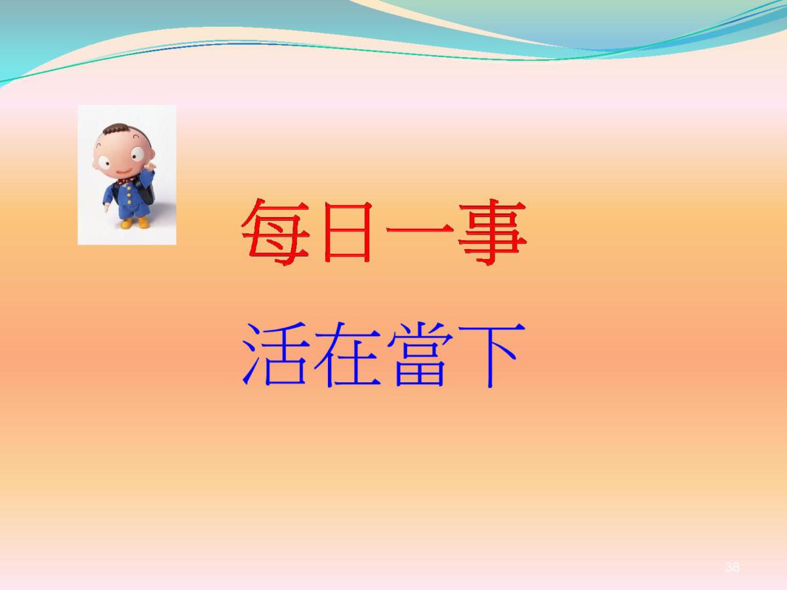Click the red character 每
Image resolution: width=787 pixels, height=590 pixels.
tap(275, 232)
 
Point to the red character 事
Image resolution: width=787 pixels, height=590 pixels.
tap(492, 232)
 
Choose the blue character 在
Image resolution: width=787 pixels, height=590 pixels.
tap(347, 354)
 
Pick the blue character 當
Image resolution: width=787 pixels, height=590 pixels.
tap(420, 354)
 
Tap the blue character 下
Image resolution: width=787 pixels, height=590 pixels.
tap(492, 355)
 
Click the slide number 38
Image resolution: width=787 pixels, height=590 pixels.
tap(732, 566)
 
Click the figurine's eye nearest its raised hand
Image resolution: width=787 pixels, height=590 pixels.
tap(137, 155)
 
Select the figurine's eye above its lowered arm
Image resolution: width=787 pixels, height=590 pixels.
tap(104, 163)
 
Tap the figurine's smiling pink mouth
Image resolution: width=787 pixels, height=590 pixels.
tap(124, 172)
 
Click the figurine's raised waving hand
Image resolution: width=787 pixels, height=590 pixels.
tap(150, 167)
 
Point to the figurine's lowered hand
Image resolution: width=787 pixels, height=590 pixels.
tap(106, 207)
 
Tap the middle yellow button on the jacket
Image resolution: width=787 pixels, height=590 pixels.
tap(128, 195)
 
